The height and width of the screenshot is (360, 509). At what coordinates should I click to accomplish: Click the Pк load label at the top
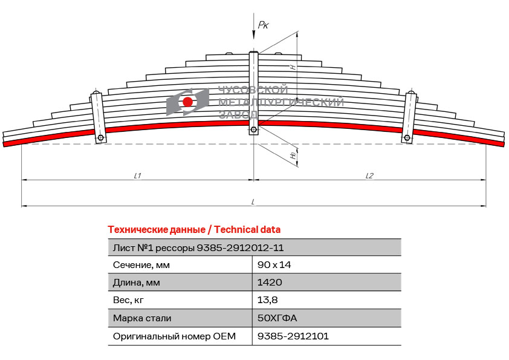pyautogui.click(x=263, y=25)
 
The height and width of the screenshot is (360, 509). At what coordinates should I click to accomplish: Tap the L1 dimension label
pyautogui.click(x=138, y=176)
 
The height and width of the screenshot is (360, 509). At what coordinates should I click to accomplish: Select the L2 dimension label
pyautogui.click(x=369, y=176)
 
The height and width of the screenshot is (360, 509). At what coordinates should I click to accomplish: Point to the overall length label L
pyautogui.click(x=253, y=202)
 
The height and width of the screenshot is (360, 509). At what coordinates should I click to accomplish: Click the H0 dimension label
pyautogui.click(x=293, y=155)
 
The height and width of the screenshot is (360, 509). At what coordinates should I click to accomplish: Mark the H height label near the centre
pyautogui.click(x=293, y=67)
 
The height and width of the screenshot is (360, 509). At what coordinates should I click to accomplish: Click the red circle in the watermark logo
pyautogui.click(x=187, y=102)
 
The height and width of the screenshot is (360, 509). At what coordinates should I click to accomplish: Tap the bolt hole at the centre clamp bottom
pyautogui.click(x=253, y=130)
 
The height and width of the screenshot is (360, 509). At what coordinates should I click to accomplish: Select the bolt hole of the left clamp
pyautogui.click(x=100, y=138)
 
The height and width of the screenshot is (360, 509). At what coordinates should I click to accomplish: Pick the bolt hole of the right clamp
pyautogui.click(x=407, y=138)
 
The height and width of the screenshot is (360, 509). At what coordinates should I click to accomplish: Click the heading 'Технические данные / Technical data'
pyautogui.click(x=194, y=230)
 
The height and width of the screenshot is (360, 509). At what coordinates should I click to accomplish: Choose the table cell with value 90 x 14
pyautogui.click(x=274, y=265)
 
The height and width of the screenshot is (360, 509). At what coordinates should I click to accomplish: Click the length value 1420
pyautogui.click(x=270, y=282)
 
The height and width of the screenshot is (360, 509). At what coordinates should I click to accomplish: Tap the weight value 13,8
pyautogui.click(x=267, y=299)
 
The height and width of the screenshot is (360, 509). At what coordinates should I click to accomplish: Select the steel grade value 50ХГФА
pyautogui.click(x=277, y=318)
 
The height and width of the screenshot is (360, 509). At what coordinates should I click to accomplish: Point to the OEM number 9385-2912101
pyautogui.click(x=293, y=336)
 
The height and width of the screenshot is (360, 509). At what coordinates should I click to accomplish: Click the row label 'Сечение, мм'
pyautogui.click(x=141, y=265)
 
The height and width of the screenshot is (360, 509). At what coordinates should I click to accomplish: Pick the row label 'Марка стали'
pyautogui.click(x=142, y=318)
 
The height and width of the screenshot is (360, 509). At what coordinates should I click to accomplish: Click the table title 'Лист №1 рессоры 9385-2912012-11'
pyautogui.click(x=198, y=248)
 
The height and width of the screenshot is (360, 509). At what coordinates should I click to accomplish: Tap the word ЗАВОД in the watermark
pyautogui.click(x=239, y=114)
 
